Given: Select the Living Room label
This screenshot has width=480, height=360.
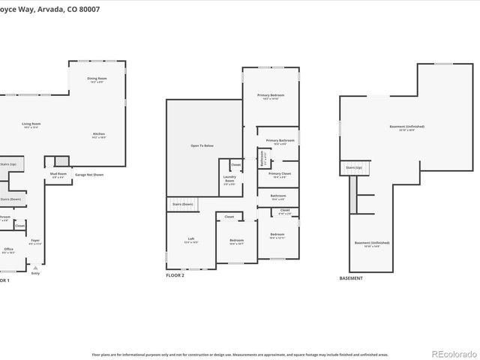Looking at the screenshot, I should tap(31, 124).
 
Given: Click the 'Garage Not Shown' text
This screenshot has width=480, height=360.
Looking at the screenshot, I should tap(89, 175).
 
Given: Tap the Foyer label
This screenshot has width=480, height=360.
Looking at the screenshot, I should tap(35, 241).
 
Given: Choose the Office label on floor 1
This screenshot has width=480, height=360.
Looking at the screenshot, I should tap(8, 250).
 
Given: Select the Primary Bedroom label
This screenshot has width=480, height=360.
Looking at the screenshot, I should tap(271, 96).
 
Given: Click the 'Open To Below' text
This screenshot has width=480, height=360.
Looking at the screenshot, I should tap(202, 145).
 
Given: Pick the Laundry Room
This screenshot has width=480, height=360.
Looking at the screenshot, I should tap(229, 180).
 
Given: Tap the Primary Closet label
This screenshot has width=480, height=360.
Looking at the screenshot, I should tap(279, 174).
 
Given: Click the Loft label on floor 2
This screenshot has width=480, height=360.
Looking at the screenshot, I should tap(190, 240).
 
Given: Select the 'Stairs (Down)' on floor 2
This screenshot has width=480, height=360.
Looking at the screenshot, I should tap(182, 204).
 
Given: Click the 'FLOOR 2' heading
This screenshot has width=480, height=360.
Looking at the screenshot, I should tap(175, 276).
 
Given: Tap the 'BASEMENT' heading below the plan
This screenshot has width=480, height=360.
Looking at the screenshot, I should tap(351, 278).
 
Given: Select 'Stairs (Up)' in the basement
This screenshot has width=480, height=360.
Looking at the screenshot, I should tap(352, 167).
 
